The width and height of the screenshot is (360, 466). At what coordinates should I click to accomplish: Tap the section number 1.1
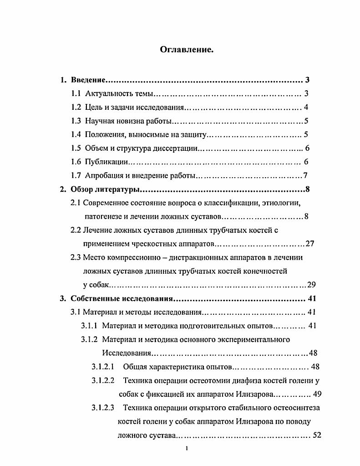(x=76, y=94)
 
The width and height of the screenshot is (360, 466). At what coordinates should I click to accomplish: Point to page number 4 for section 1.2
(x=307, y=108)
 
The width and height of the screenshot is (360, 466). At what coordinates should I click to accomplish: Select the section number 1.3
(x=76, y=121)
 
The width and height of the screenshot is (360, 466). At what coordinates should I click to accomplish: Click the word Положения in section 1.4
(x=105, y=135)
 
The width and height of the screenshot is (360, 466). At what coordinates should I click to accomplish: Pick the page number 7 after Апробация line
(x=306, y=176)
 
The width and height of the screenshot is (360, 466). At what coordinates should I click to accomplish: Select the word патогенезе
(x=102, y=216)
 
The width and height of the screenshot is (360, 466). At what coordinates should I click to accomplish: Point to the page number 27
(x=310, y=244)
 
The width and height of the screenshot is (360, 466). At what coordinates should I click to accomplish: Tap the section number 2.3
(x=76, y=257)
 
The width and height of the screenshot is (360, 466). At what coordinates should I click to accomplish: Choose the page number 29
(x=311, y=285)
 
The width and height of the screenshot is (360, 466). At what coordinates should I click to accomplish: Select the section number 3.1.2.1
(x=102, y=367)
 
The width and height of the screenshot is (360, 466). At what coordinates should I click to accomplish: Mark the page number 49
(x=317, y=394)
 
